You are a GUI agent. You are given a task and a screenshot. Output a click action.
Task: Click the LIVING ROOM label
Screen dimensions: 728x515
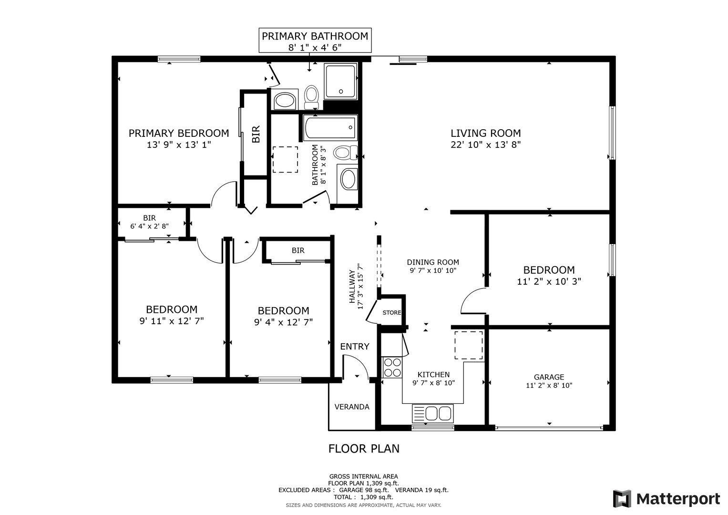[x=485, y=134]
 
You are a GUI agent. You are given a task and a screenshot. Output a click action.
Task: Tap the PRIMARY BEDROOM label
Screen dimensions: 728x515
[x=179, y=134]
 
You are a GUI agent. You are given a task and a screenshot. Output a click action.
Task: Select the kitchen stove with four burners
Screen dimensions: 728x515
[x=392, y=367]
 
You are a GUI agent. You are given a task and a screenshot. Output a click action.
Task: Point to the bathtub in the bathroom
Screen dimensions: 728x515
[x=330, y=128]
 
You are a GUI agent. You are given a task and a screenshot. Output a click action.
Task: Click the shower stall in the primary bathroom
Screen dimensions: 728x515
[x=340, y=81]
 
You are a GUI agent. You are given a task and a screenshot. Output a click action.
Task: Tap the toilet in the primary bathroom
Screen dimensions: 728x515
[x=311, y=97]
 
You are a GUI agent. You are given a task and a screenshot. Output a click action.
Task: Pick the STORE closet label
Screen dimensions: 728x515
[x=391, y=313]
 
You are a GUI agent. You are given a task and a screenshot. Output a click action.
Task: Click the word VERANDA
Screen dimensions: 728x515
[x=352, y=407]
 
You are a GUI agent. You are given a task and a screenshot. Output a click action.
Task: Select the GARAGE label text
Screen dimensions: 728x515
[x=549, y=377]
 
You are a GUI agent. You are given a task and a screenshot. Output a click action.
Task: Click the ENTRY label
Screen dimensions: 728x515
[x=355, y=347]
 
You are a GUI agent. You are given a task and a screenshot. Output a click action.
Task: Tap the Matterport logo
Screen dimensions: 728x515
[x=666, y=498]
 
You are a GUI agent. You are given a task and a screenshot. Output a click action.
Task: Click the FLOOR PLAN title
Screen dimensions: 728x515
[x=364, y=449]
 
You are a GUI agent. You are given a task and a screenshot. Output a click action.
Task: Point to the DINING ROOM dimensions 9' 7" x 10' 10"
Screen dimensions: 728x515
[x=433, y=270]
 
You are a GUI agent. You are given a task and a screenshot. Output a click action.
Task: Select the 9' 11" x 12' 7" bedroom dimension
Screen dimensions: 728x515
[x=172, y=321]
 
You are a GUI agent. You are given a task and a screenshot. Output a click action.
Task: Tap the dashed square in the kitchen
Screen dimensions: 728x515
[x=468, y=345]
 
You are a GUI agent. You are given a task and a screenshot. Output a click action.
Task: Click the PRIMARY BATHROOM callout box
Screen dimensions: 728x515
[x=315, y=41]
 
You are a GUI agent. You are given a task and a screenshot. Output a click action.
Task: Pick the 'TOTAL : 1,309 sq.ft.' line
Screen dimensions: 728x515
[x=363, y=497]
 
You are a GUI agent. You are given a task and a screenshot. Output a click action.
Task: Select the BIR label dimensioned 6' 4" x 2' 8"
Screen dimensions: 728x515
[x=149, y=218]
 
